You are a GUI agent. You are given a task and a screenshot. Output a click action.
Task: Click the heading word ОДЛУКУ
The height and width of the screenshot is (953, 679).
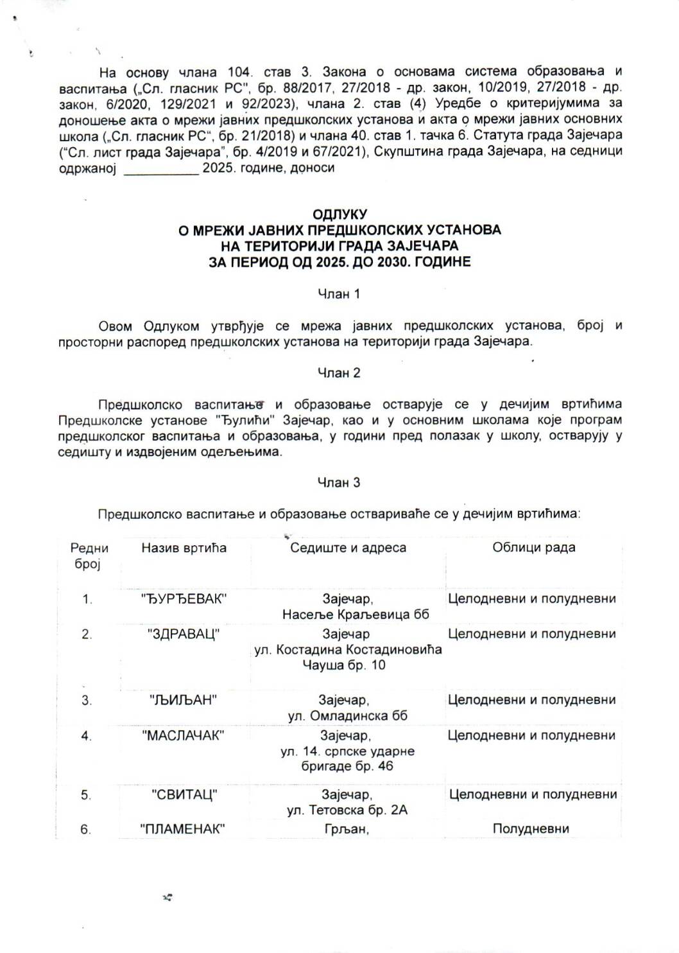point(339,213)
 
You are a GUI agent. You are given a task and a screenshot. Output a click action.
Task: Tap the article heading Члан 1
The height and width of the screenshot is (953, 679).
point(339,294)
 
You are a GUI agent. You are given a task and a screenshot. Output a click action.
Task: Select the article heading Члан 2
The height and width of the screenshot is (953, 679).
point(339,372)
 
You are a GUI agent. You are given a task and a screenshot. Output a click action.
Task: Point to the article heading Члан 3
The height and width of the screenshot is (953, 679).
point(339,483)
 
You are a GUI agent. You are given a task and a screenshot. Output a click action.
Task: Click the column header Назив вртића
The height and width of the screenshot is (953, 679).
point(184,548)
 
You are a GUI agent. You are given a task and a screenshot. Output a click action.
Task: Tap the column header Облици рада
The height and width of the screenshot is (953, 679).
point(533,548)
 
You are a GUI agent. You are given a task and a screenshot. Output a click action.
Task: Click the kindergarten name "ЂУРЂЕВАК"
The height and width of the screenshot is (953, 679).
point(184,599)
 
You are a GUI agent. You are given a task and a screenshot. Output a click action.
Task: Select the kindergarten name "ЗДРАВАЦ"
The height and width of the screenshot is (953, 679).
point(184,634)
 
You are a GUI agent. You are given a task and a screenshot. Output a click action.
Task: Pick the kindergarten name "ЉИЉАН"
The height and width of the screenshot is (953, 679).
point(184,700)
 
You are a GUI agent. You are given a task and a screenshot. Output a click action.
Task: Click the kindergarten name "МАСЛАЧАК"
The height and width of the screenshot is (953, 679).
point(184,735)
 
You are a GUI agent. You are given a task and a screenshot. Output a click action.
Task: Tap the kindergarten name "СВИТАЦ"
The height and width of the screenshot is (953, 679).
point(184,795)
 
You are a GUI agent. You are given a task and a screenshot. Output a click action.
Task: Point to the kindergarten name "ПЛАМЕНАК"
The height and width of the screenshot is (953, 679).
point(184,829)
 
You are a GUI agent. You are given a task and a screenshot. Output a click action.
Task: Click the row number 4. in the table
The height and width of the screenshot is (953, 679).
point(87,736)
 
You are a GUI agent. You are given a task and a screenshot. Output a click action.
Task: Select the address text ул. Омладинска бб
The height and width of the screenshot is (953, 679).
point(348,716)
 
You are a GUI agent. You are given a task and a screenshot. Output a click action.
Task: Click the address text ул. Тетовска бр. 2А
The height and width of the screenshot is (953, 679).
point(348,810)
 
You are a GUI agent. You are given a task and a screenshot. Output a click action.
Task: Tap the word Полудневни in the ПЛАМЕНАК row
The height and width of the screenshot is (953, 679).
point(531,829)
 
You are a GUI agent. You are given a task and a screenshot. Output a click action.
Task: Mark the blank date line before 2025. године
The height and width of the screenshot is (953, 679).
point(160,169)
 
